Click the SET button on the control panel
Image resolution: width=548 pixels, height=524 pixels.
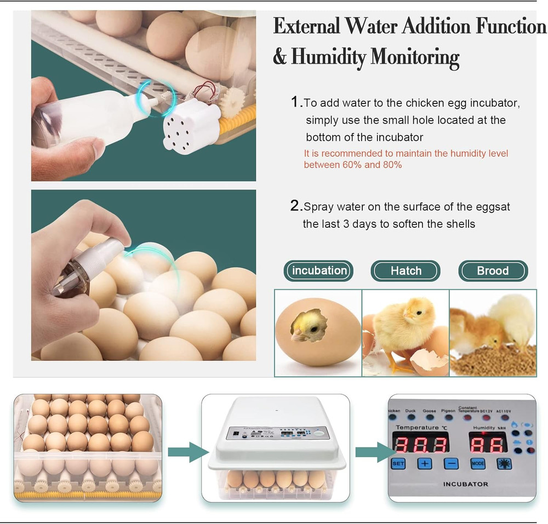click(398, 463)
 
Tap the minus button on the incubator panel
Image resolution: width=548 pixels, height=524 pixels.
click(451, 463)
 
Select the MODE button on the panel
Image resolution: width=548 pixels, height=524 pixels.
click(478, 463)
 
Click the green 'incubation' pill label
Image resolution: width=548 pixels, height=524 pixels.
click(319, 270)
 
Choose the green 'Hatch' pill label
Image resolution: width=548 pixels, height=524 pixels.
click(406, 270)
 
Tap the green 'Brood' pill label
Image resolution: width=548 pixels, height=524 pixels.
click(493, 270)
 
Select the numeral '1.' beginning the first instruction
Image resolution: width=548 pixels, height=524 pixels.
click(296, 102)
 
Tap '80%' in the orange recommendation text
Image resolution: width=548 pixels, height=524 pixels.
click(391, 164)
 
